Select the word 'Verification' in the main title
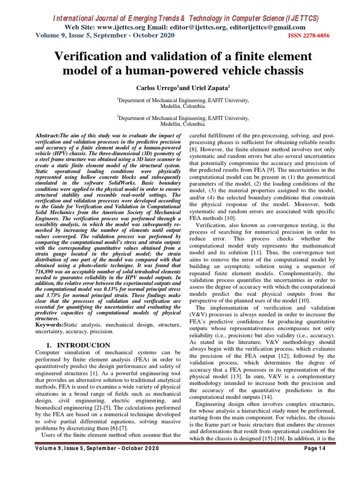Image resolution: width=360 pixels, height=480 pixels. click(x=87, y=56)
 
